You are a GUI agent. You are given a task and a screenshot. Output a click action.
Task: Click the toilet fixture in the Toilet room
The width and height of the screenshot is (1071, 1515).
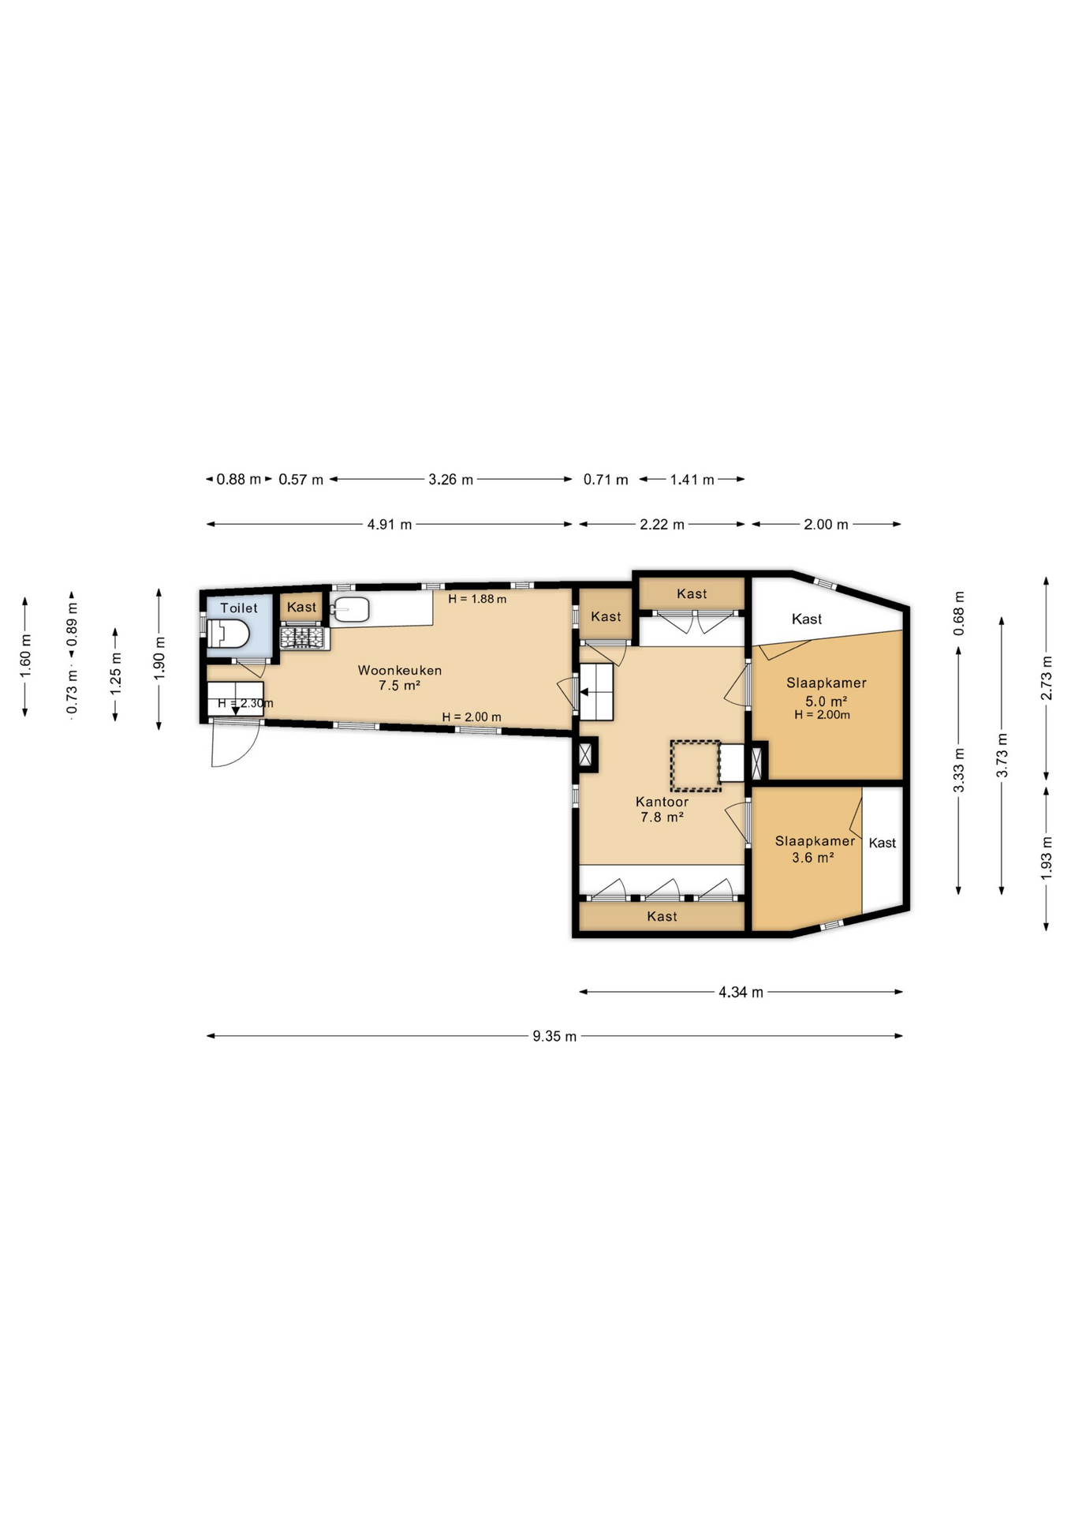coord(228,634)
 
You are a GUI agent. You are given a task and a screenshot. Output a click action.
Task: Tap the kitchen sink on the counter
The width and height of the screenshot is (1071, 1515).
coord(351,609)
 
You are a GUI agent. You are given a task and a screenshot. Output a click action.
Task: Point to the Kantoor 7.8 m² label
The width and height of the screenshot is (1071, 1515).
coord(662,810)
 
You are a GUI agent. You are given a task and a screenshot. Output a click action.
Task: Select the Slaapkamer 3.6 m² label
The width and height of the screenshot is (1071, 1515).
coord(814,849)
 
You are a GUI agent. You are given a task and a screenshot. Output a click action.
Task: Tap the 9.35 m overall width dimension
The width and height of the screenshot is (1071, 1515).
coord(554,1036)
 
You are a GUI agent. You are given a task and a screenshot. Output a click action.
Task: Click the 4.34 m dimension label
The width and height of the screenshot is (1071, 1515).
coord(741,992)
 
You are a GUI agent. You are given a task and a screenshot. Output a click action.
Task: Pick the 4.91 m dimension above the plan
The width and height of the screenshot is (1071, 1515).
coord(390,524)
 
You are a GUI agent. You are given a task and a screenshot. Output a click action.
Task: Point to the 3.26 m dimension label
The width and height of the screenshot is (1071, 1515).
coord(450,479)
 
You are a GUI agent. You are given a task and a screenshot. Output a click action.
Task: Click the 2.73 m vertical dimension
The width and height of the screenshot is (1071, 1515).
coord(1046,678)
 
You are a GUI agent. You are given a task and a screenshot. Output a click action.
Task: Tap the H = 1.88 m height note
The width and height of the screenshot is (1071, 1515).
coord(477,599)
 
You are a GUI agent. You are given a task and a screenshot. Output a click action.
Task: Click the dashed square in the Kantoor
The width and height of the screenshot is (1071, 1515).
coord(695,765)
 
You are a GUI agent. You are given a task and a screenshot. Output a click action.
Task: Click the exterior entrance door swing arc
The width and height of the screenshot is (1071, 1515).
coord(235,746)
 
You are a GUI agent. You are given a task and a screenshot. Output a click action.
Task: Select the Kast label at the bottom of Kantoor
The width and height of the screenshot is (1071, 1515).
coord(662,916)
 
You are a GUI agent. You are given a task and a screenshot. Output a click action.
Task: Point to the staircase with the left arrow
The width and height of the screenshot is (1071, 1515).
coord(596,692)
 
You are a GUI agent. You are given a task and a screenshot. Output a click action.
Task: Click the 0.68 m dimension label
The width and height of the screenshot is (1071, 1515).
coord(958,613)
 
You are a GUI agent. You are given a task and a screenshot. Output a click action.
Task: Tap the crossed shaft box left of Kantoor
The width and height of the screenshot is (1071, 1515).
coord(585,754)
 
